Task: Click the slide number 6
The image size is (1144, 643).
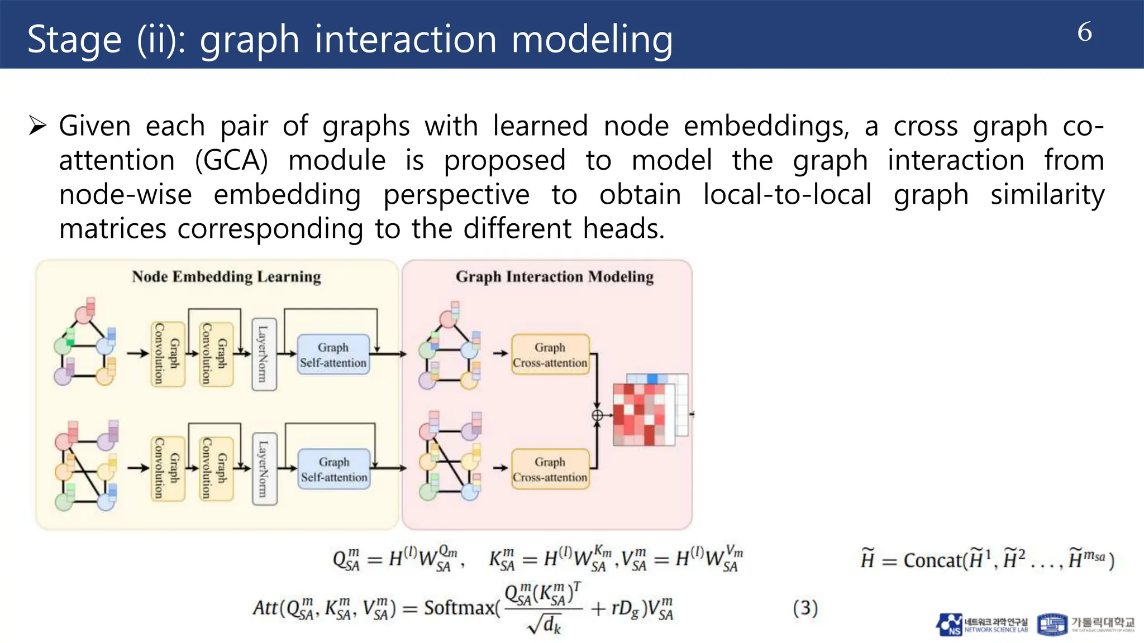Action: pyautogui.click(x=1084, y=32)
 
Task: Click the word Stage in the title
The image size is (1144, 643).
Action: pyautogui.click(x=74, y=40)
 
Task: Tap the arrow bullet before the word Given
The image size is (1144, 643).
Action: pyautogui.click(x=37, y=126)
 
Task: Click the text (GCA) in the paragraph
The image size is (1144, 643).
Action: pyautogui.click(x=231, y=161)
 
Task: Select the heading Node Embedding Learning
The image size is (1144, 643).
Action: pyautogui.click(x=226, y=277)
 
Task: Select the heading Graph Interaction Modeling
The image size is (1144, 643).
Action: pyautogui.click(x=554, y=277)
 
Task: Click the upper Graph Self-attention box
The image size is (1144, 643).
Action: pyautogui.click(x=333, y=354)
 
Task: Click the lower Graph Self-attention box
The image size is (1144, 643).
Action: pyautogui.click(x=334, y=469)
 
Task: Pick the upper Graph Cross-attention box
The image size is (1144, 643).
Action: pyautogui.click(x=550, y=354)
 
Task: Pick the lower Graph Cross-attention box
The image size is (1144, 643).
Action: pyautogui.click(x=550, y=469)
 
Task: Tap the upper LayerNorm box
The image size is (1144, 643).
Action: pyautogui.click(x=264, y=354)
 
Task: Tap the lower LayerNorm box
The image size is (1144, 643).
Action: pyautogui.click(x=264, y=469)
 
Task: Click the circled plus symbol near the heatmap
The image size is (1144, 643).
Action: pyautogui.click(x=597, y=415)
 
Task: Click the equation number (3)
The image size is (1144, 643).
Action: pyautogui.click(x=805, y=608)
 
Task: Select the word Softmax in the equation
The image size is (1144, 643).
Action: pyautogui.click(x=459, y=608)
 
